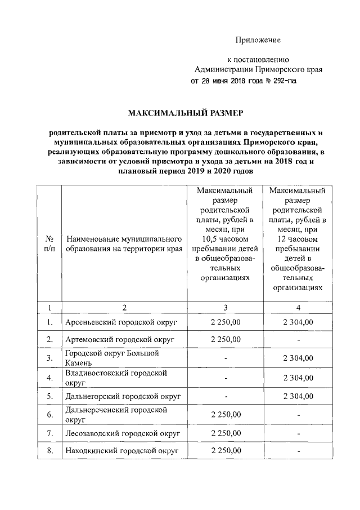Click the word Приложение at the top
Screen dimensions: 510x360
(257, 40)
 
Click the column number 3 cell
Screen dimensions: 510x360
(226, 307)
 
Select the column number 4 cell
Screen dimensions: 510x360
(298, 307)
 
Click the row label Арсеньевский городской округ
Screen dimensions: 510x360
(121, 322)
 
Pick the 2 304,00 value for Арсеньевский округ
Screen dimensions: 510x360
(298, 322)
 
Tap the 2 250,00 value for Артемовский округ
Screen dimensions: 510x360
(226, 340)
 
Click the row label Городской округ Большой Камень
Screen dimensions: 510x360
(112, 358)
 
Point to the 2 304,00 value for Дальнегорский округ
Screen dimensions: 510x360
(298, 396)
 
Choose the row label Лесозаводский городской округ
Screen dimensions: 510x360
(123, 433)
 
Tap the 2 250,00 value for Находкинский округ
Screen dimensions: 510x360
(226, 451)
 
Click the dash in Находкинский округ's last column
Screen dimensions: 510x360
(298, 452)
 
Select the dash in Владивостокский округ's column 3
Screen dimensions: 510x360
(226, 378)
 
